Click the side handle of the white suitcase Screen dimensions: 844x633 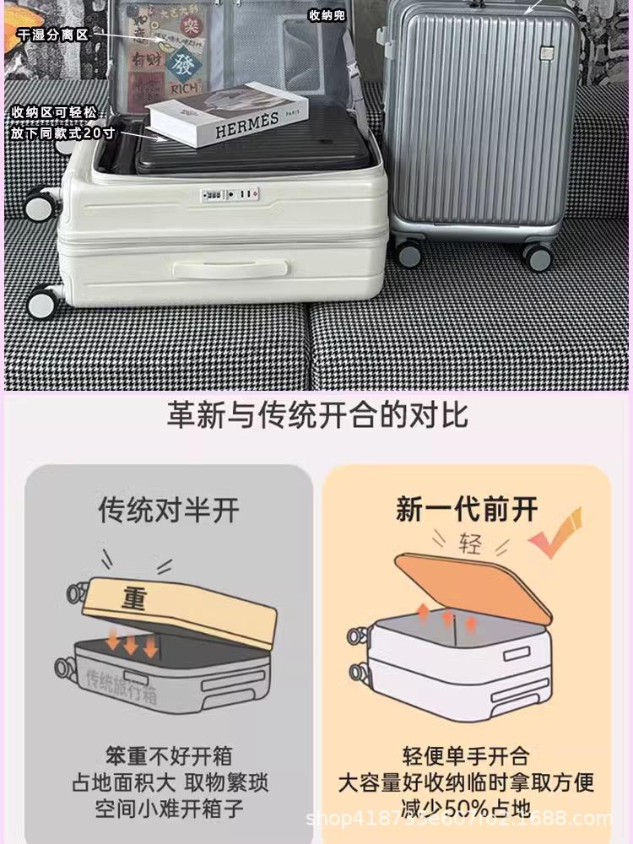click(x=230, y=268)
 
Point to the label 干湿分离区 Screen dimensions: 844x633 click(x=52, y=35)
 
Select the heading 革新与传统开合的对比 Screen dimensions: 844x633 click(x=316, y=416)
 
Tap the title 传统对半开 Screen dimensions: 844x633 click(x=169, y=510)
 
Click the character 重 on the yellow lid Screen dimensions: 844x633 click(x=134, y=599)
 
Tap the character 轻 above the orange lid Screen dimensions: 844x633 click(x=470, y=544)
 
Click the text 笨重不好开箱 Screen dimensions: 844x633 click(x=169, y=755)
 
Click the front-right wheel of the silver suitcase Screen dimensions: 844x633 click(x=537, y=254)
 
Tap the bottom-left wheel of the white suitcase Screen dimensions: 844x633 click(x=43, y=300)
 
